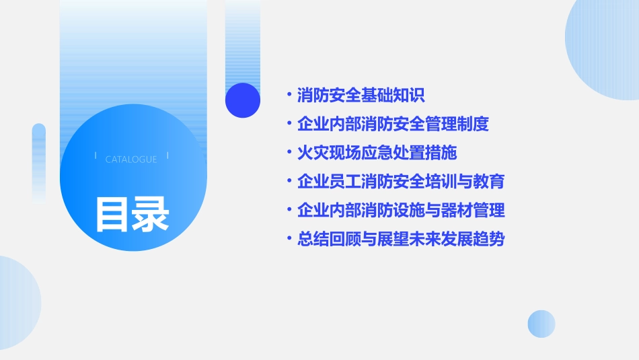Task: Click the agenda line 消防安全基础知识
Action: click(x=361, y=96)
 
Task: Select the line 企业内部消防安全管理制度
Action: click(x=393, y=124)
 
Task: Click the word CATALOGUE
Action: click(x=131, y=159)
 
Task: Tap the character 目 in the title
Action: click(x=113, y=215)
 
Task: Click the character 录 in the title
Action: click(x=151, y=215)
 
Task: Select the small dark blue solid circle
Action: click(x=243, y=100)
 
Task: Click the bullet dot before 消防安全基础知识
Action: click(x=289, y=96)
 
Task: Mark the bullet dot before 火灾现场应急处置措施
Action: click(x=289, y=153)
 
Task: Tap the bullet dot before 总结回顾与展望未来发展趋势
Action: click(x=289, y=240)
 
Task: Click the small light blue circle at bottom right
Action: click(x=541, y=324)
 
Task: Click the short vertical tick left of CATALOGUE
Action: click(x=96, y=156)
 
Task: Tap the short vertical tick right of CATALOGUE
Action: click(x=167, y=156)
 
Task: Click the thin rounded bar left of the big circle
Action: click(x=39, y=161)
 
